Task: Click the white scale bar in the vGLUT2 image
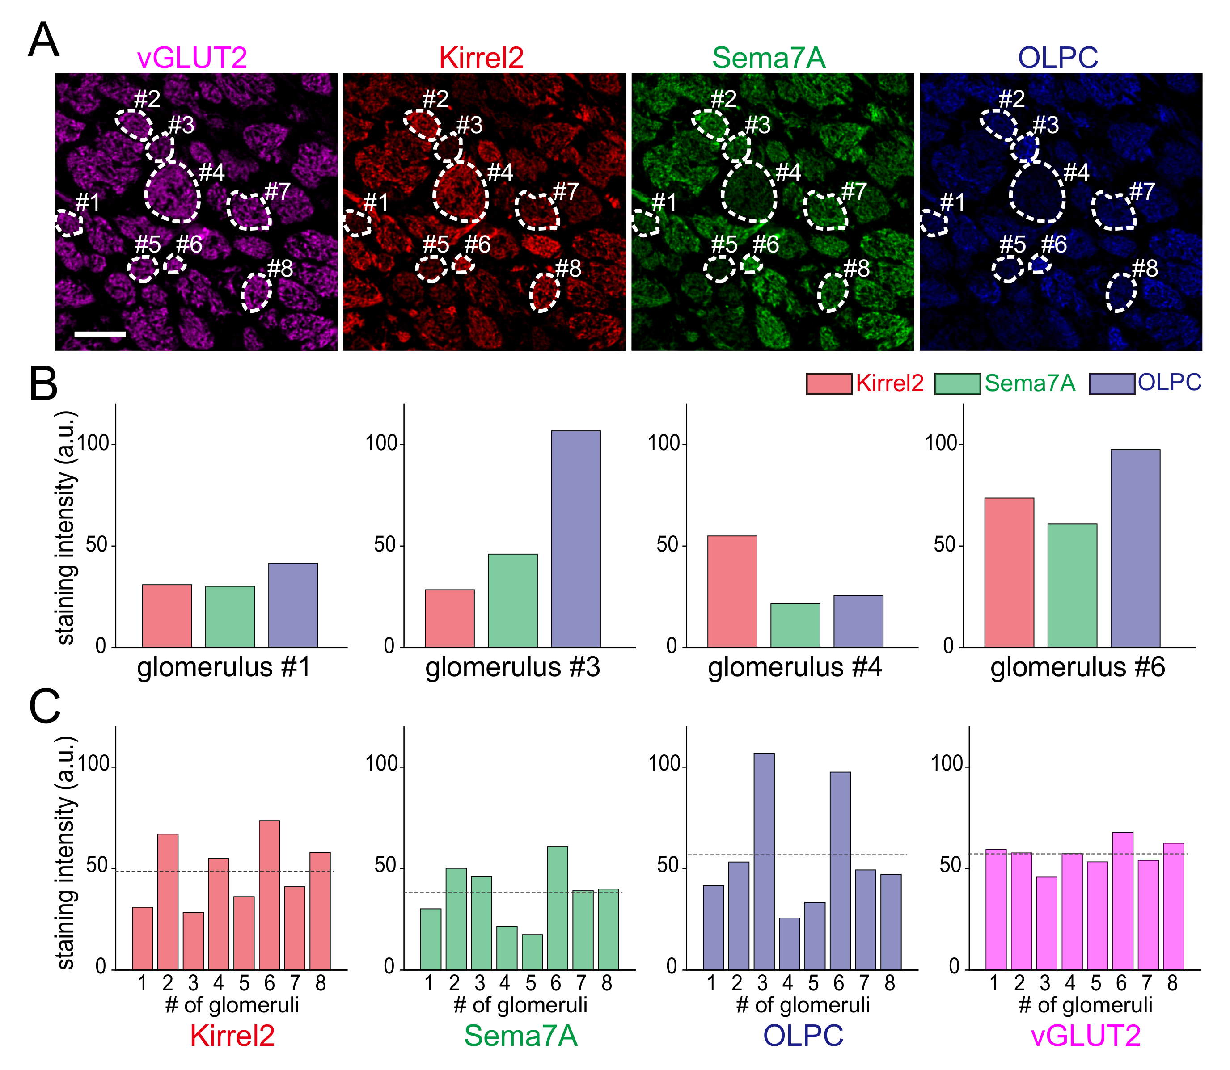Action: tap(100, 334)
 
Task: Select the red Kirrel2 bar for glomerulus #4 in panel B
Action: tap(732, 591)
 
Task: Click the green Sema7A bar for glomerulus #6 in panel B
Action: tap(1072, 585)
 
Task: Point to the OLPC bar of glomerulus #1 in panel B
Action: tap(293, 604)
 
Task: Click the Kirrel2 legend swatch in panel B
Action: tap(828, 383)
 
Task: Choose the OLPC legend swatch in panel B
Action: tap(1111, 383)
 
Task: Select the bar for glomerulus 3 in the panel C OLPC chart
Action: tap(764, 860)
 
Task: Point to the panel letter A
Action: tap(44, 41)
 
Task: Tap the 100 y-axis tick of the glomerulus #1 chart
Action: tap(93, 444)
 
